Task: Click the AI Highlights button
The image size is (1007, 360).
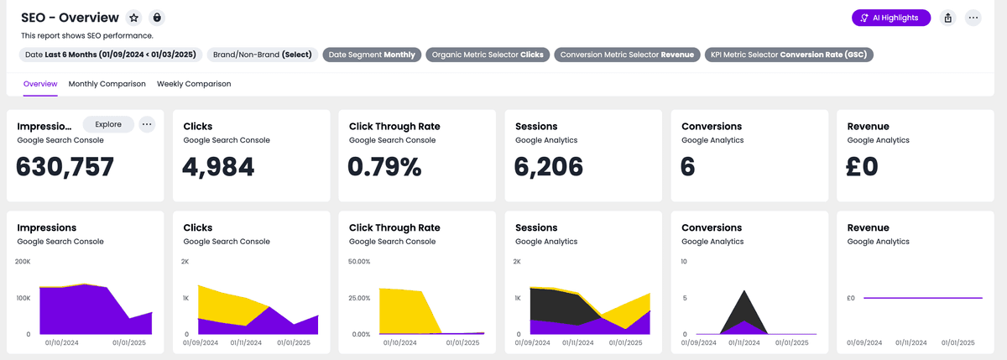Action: coord(890,18)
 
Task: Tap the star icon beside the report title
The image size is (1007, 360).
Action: coord(133,18)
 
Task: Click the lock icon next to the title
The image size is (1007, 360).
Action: coord(157,18)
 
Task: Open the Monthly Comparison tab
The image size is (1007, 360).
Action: coord(107,84)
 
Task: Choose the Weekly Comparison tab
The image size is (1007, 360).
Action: coord(194,84)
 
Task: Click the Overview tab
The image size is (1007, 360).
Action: coord(40,84)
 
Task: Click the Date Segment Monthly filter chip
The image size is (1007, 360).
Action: coord(372,55)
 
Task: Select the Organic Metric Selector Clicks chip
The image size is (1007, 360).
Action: coord(488,55)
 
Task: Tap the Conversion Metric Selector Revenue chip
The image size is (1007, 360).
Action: coord(627,55)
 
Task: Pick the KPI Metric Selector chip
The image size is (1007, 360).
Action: coord(789,55)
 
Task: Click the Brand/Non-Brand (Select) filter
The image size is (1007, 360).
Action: coord(262,55)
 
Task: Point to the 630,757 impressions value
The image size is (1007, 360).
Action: coord(65,167)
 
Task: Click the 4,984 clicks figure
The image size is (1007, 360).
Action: coord(218,167)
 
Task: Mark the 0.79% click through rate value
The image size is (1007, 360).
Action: coord(385,167)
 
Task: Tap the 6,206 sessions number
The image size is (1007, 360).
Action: coord(549,167)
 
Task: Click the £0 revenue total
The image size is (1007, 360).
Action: coord(863,167)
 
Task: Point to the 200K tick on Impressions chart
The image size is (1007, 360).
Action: coord(23,262)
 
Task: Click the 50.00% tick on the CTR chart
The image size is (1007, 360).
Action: coord(358,262)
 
